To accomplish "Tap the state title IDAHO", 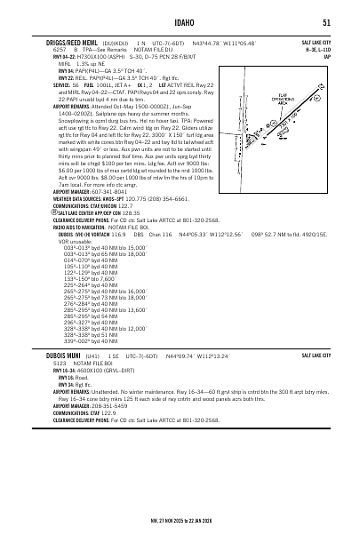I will coord(179,22).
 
